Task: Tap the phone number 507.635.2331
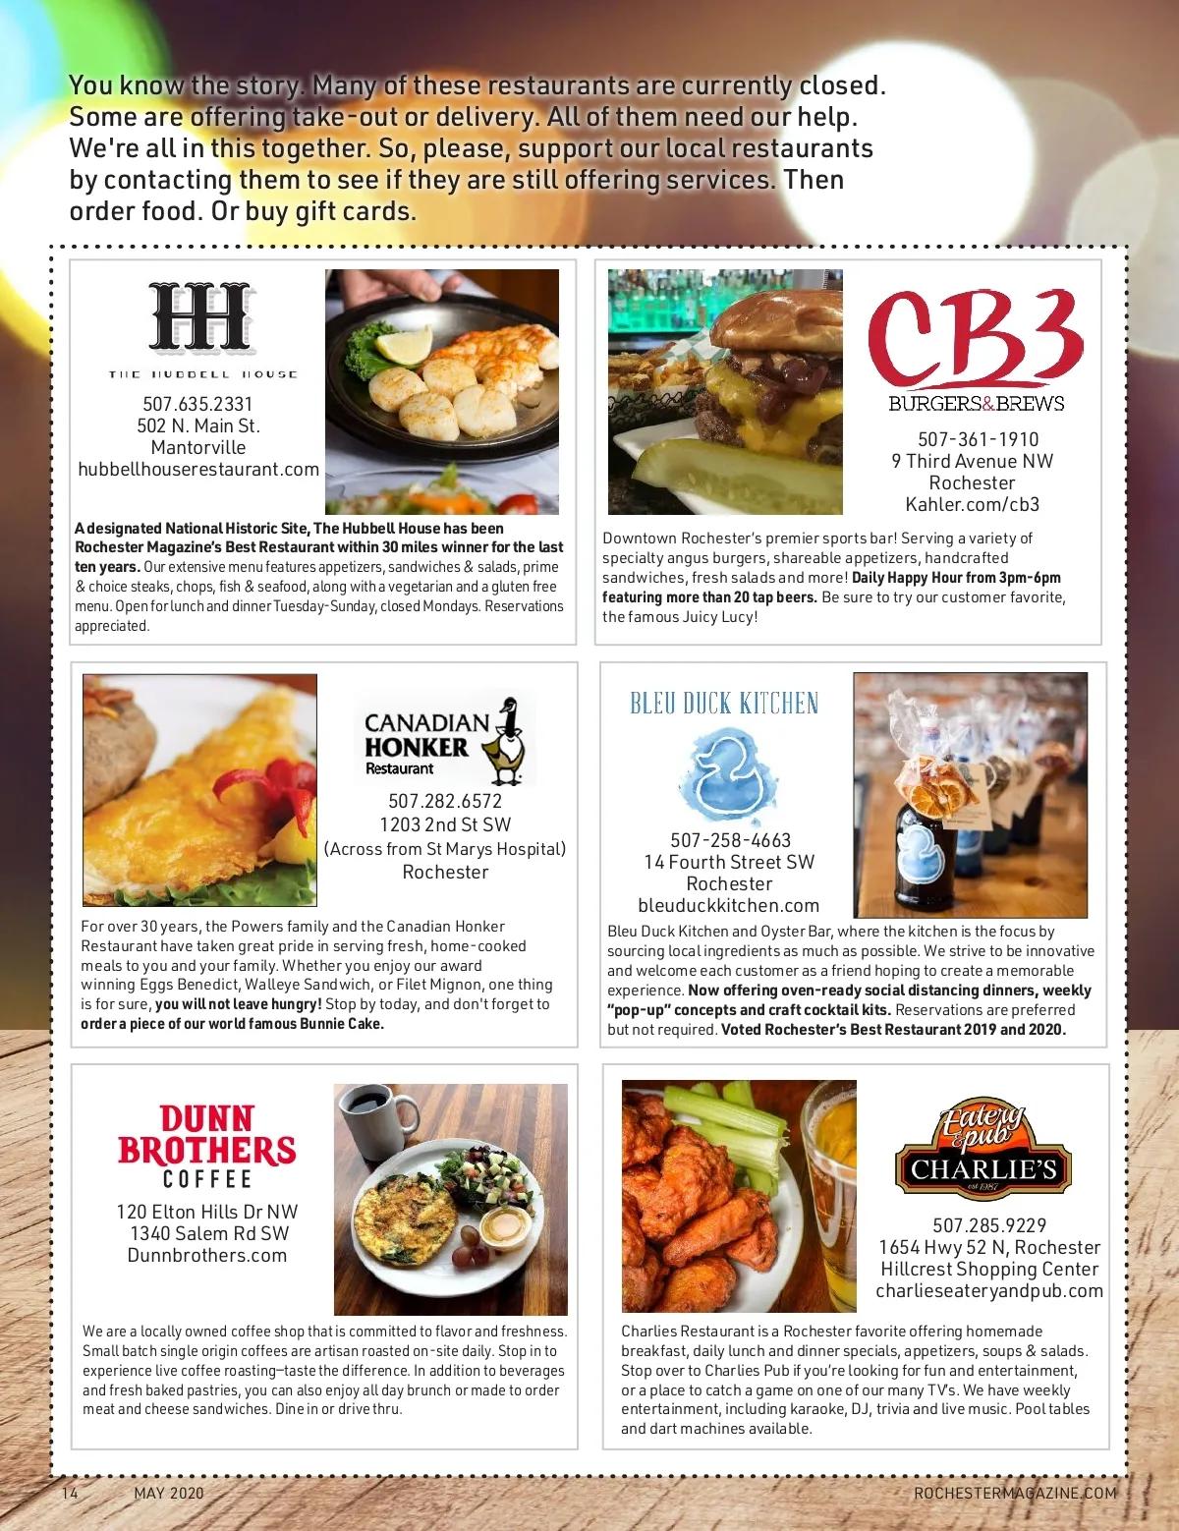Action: tap(197, 404)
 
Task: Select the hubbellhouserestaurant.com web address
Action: tap(198, 470)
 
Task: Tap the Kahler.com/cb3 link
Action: tap(972, 505)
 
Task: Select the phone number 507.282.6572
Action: tap(445, 801)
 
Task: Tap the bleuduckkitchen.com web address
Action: tap(729, 906)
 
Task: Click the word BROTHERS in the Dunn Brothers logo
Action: tap(206, 1150)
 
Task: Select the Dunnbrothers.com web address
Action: tap(207, 1256)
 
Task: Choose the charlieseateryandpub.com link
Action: tap(989, 1291)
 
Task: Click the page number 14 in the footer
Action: tap(70, 1493)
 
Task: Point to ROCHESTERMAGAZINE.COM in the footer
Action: tap(1015, 1493)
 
